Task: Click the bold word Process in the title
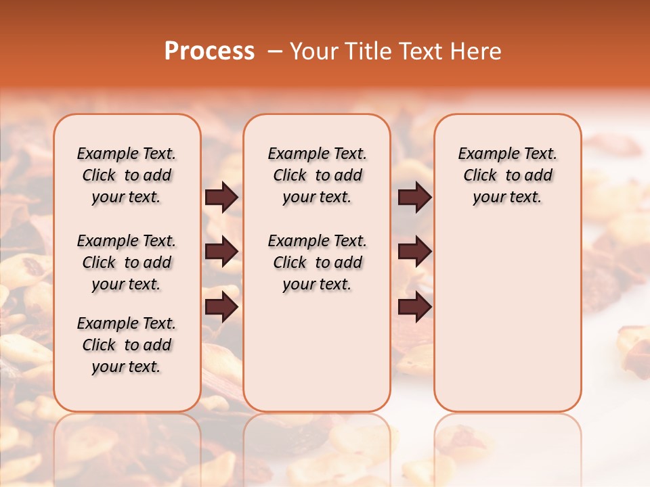pos(209,51)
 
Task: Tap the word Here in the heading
pos(477,51)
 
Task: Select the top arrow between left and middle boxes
pos(221,198)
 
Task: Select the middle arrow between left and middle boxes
pos(221,252)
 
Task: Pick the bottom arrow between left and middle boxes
pos(221,307)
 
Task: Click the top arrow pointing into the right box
pos(415,198)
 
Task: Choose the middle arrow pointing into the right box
pos(415,252)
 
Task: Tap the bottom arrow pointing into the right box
pos(415,307)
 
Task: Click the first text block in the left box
pos(127,175)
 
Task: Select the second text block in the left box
pos(127,262)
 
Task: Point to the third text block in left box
pos(127,345)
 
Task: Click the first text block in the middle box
pos(317,175)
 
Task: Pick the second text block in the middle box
pos(317,262)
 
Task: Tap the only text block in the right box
pos(507,175)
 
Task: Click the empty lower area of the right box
pos(507,318)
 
